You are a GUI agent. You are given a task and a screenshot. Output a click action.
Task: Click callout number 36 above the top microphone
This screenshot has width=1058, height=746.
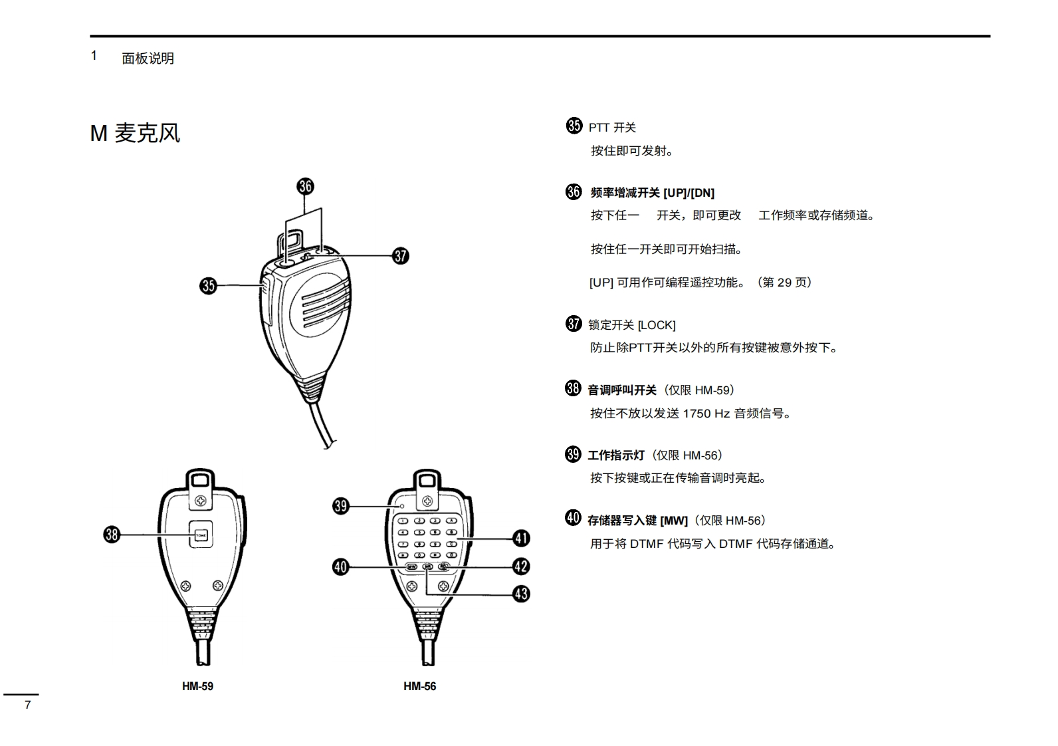coord(305,186)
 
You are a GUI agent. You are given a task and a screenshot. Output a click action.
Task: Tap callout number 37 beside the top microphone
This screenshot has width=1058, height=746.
coord(400,256)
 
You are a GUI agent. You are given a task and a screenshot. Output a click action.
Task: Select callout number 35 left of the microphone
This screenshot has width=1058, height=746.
coord(208,286)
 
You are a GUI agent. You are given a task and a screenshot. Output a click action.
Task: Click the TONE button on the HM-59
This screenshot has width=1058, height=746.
coord(201,535)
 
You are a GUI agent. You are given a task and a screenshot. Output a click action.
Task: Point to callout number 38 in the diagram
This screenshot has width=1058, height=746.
coord(112,535)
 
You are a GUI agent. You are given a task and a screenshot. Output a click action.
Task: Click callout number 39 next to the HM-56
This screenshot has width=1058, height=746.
coord(340,507)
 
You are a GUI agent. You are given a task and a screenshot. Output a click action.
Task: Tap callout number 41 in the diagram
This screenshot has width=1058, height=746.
coord(521,539)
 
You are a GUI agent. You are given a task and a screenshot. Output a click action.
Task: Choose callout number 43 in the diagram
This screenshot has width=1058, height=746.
coord(521,594)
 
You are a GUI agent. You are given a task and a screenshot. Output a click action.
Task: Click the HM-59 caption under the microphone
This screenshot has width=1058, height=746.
coord(197,686)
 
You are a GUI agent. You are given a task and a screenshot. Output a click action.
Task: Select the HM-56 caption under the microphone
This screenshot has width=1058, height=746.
coord(419,686)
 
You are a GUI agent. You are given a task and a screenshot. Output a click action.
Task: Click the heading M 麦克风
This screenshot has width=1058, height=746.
coord(135,133)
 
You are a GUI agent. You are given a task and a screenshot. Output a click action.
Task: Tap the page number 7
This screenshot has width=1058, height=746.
coord(27,705)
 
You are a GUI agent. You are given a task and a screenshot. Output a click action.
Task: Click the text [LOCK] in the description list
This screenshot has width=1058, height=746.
coord(657,325)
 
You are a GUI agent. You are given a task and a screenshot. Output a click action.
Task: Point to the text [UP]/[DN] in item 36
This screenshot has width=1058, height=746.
coord(688,193)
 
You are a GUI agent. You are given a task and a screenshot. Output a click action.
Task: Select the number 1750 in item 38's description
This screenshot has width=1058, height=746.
coord(696,414)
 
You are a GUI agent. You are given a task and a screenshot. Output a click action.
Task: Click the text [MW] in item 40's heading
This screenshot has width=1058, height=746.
coord(674,521)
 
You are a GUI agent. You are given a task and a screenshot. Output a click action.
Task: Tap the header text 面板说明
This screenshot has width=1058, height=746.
coord(148,59)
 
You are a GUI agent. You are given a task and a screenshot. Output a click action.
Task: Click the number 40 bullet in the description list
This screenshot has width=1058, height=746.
coord(573,518)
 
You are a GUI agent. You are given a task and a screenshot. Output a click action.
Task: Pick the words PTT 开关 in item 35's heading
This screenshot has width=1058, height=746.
coord(612,128)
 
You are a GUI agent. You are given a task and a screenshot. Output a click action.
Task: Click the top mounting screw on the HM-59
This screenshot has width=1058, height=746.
coord(201,500)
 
